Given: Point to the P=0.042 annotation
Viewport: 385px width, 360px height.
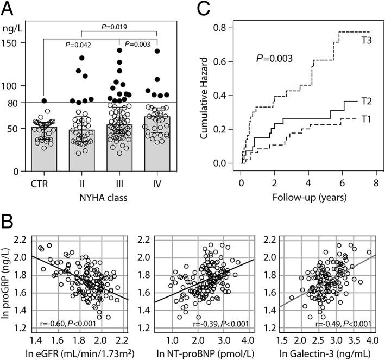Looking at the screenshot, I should (80, 46).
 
